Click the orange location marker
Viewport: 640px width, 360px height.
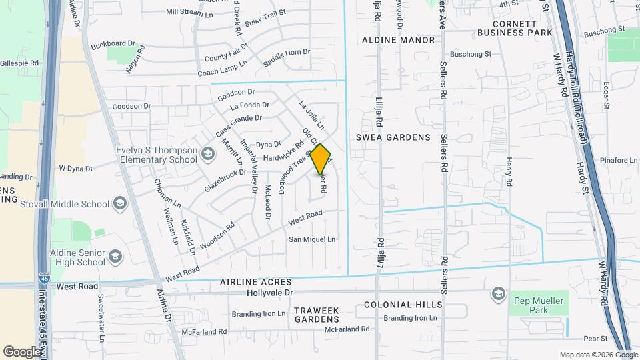click(321, 159)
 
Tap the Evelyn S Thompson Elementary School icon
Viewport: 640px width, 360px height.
click(208, 155)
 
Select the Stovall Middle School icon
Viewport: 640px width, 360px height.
click(120, 203)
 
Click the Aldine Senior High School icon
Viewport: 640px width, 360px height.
click(115, 257)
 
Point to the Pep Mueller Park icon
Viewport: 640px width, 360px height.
click(498, 293)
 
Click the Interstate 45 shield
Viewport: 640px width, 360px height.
click(43, 275)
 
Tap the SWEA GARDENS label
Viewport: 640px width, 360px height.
click(393, 137)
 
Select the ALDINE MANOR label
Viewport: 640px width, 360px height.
click(398, 40)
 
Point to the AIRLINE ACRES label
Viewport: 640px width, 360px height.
click(257, 283)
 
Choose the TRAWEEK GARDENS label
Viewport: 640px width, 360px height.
click(317, 315)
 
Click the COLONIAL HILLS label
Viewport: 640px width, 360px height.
click(403, 305)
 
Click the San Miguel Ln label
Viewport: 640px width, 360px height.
click(312, 239)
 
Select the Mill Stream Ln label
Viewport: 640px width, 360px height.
click(189, 12)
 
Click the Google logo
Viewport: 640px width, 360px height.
click(23, 351)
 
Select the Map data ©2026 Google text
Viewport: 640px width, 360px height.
click(598, 355)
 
